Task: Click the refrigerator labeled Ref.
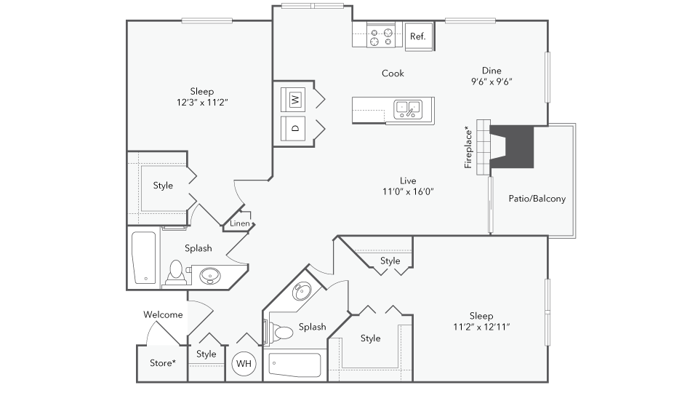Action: (419, 37)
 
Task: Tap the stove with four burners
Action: (381, 36)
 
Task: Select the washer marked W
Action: (293, 100)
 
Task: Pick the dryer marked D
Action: (293, 128)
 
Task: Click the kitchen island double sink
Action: (408, 109)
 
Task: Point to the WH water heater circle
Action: (244, 364)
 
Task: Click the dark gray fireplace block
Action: (512, 147)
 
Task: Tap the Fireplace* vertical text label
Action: (468, 147)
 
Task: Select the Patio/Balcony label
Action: (537, 199)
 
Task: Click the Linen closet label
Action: (240, 223)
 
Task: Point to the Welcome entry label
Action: (163, 314)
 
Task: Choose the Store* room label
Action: (162, 363)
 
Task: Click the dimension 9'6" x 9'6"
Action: (492, 82)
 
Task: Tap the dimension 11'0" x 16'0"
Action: (408, 191)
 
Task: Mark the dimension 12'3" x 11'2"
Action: (202, 103)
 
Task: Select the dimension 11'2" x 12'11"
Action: (481, 327)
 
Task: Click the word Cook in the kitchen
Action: (393, 73)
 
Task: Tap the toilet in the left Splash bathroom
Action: (176, 273)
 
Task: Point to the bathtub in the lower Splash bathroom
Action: (294, 365)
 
